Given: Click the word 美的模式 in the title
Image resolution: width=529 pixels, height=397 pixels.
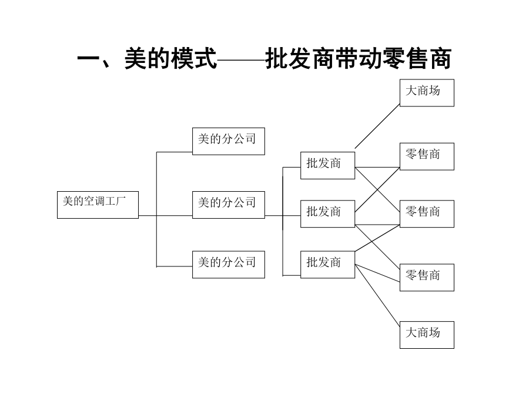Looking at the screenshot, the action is tap(170, 59).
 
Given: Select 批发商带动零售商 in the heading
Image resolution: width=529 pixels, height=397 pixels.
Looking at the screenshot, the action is tap(359, 59).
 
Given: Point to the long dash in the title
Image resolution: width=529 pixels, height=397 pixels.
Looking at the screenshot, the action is tap(241, 60).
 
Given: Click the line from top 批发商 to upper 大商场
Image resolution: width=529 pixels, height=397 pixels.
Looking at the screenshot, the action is tap(377, 126).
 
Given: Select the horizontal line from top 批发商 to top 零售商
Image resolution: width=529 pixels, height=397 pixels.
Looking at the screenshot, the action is tap(377, 167).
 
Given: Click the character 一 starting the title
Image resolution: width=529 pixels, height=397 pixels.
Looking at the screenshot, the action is tap(89, 59).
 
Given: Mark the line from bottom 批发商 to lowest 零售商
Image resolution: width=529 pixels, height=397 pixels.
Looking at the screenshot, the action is tap(377, 273).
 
